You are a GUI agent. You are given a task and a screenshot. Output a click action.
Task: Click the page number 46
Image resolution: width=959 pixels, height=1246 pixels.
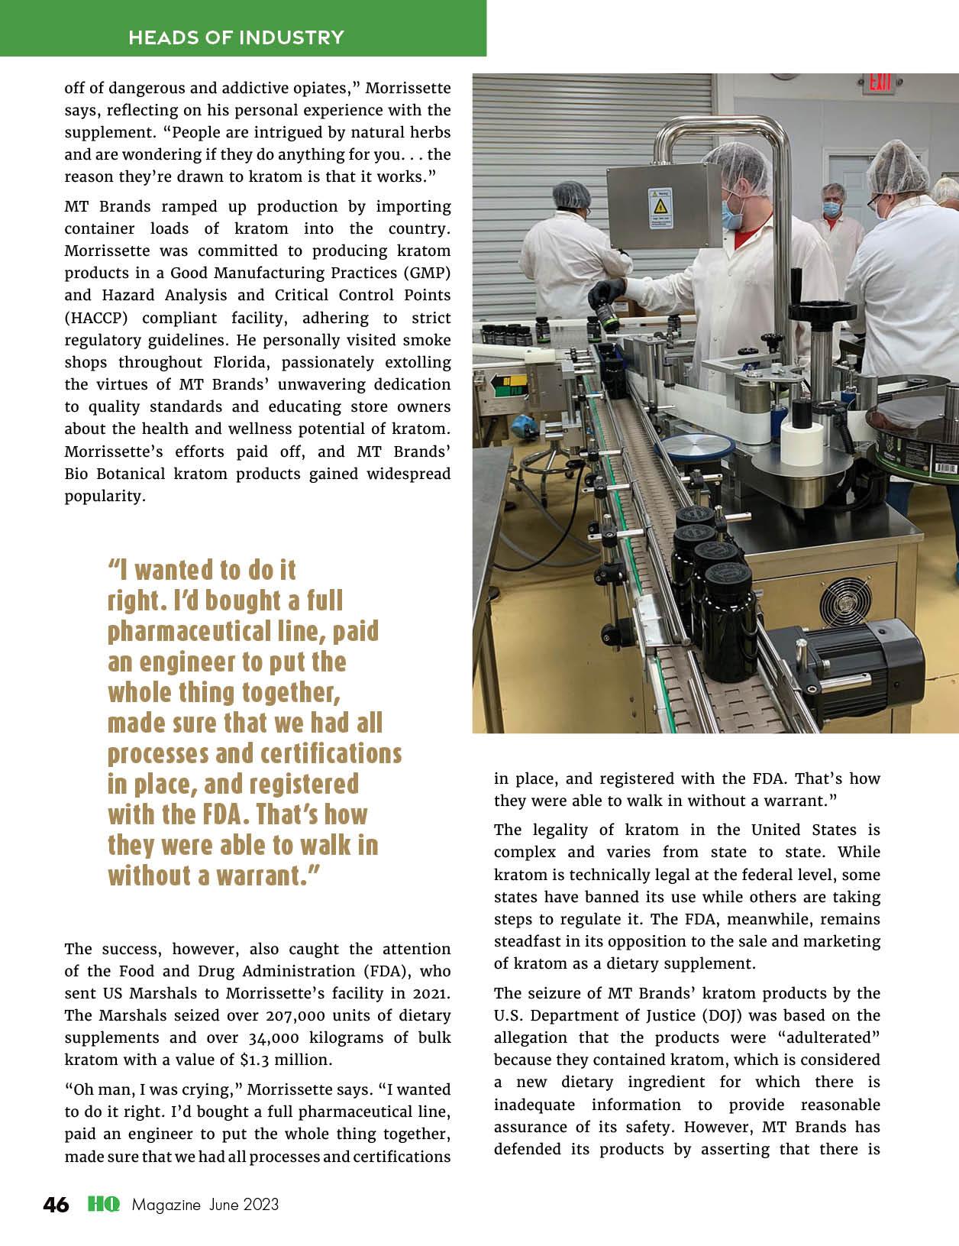(x=56, y=1205)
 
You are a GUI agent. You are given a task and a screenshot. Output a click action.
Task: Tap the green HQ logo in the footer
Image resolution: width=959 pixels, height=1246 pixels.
(x=103, y=1205)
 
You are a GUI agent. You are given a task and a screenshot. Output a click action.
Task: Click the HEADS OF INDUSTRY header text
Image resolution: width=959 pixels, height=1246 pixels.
(x=236, y=37)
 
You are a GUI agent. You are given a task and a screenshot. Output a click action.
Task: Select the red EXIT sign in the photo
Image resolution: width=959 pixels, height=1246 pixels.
(x=879, y=81)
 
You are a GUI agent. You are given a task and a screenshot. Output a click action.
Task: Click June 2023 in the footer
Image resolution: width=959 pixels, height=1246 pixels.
(x=244, y=1205)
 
